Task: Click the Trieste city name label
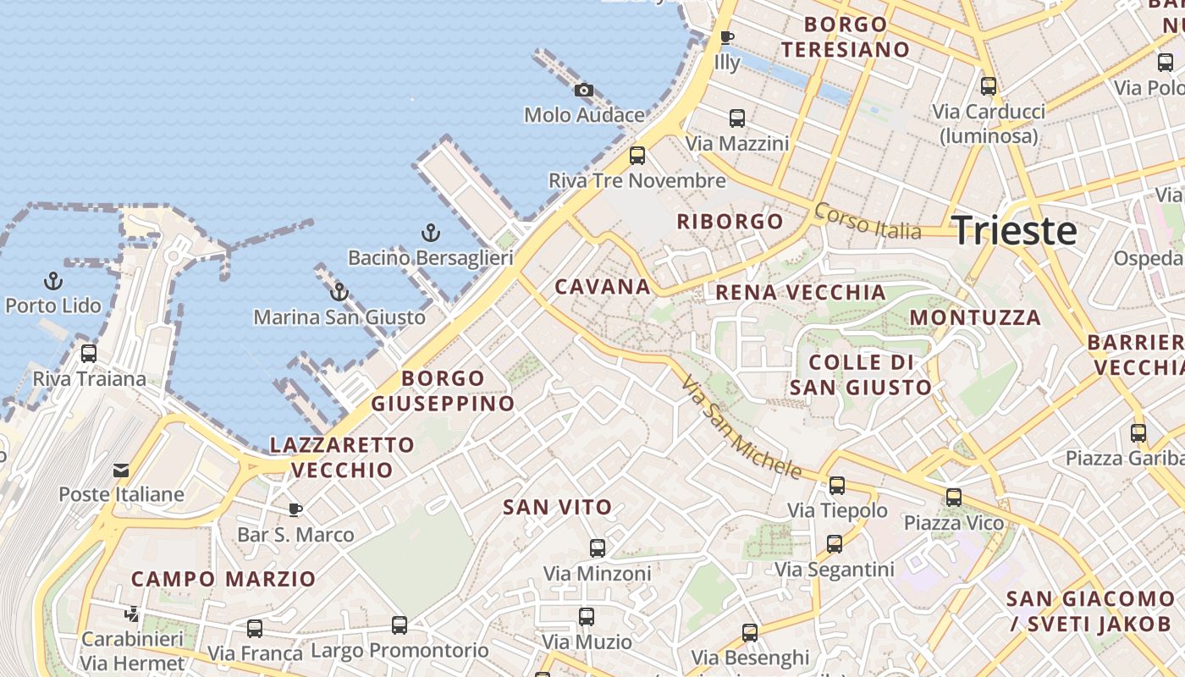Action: point(1014,231)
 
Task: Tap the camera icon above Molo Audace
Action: point(583,90)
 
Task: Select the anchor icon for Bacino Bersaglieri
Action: point(431,233)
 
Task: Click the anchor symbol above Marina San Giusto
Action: point(339,293)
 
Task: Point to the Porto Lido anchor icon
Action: point(53,281)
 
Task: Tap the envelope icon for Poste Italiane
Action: point(121,470)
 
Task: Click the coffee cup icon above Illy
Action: point(726,37)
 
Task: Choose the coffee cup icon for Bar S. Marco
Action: point(295,509)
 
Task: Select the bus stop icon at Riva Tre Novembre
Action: point(637,156)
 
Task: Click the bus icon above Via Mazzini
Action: point(737,118)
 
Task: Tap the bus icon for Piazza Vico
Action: point(954,498)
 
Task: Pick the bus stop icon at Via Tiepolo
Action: point(837,486)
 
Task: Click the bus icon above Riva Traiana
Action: point(89,354)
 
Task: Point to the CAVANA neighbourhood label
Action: point(603,287)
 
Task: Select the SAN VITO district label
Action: point(557,508)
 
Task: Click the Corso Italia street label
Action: point(867,221)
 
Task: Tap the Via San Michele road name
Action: point(741,427)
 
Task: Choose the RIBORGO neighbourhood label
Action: point(730,222)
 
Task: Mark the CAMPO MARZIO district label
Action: point(223,580)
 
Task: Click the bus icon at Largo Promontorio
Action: point(400,625)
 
